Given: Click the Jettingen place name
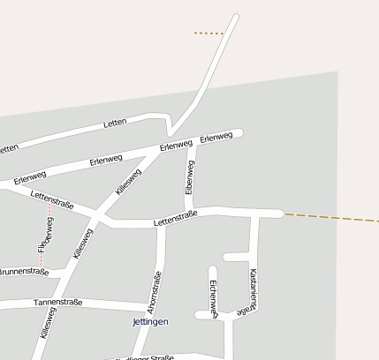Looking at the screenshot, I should tap(149, 322).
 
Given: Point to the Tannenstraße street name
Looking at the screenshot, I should tap(57, 302).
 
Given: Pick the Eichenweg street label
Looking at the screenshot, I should tap(213, 297).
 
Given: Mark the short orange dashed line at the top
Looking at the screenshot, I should tap(208, 34).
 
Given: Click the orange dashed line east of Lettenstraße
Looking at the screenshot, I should tap(331, 217).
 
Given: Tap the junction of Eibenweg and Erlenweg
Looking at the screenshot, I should tap(191, 145).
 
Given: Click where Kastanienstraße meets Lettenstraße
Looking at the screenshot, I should tap(254, 214).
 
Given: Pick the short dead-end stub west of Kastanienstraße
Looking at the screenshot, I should tap(234, 258).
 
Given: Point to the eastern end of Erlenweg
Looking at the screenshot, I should tap(239, 133).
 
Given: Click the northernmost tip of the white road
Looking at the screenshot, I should tap(236, 16).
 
